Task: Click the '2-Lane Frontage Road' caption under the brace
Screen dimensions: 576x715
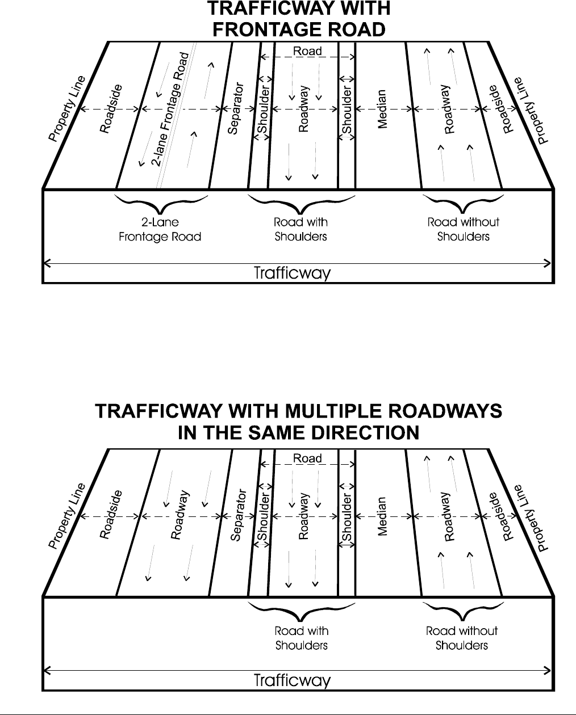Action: point(160,229)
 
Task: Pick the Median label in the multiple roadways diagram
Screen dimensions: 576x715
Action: point(382,516)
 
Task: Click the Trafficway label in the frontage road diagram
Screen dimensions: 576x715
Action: point(292,274)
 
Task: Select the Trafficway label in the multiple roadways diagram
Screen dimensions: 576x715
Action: point(292,680)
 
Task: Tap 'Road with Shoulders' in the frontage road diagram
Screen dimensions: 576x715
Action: point(300,229)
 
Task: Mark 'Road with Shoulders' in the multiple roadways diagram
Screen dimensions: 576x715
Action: point(302,638)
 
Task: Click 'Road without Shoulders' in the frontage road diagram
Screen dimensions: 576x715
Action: point(463,229)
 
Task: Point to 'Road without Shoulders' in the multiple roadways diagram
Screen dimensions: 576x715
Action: point(462,638)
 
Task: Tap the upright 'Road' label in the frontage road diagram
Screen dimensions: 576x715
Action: point(307,51)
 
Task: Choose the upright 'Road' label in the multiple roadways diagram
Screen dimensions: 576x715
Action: point(307,458)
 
